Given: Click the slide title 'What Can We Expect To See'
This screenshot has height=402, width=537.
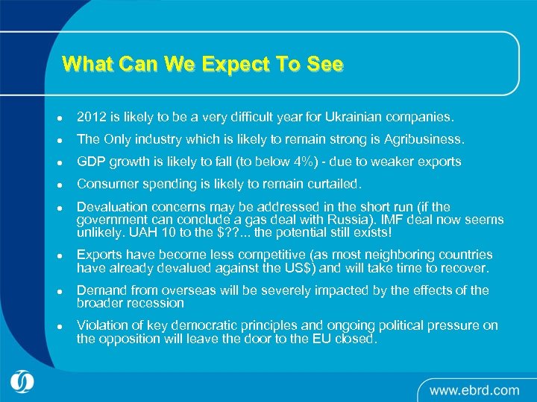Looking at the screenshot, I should [203, 64].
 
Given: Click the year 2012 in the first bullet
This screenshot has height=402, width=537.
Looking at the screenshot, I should [92, 117].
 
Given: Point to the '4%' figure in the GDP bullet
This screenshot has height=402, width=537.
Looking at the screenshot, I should [287, 162].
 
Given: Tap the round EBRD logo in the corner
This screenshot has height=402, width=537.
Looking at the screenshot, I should [24, 382].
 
